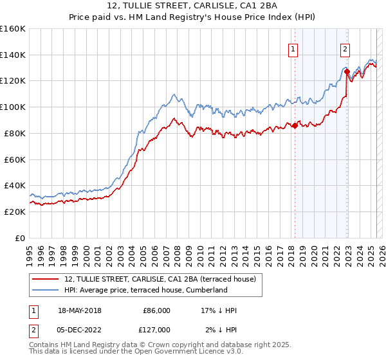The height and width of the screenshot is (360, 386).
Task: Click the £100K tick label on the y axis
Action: click(13, 107)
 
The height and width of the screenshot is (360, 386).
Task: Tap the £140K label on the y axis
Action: click(13, 55)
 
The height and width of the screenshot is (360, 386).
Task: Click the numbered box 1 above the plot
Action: click(293, 48)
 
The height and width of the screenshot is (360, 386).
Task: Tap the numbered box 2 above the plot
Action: click(345, 48)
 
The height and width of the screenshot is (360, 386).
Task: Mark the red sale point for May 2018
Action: click(295, 125)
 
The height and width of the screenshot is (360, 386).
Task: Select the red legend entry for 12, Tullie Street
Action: click(160, 279)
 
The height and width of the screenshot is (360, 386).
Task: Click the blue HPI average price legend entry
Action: click(145, 290)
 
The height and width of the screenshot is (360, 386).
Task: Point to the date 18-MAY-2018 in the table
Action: click(79, 310)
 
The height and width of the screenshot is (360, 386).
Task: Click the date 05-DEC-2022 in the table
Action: click(79, 329)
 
